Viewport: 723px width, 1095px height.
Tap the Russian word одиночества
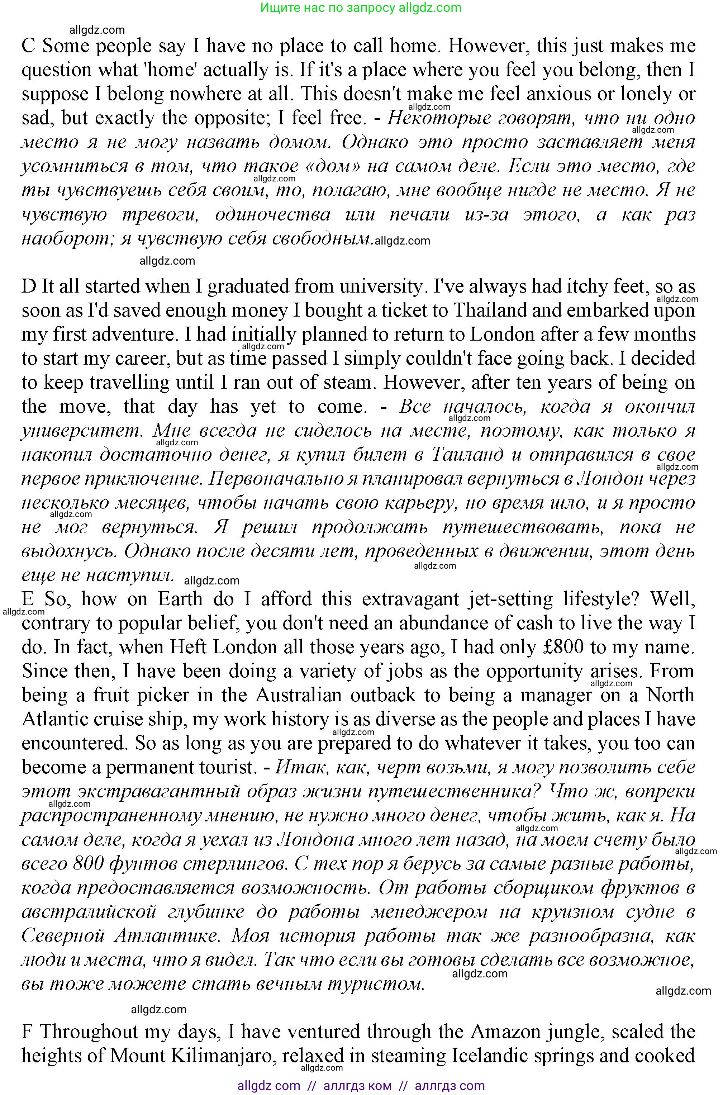(272, 214)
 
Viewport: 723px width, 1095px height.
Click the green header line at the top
(361, 8)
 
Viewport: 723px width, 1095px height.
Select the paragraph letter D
(29, 286)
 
